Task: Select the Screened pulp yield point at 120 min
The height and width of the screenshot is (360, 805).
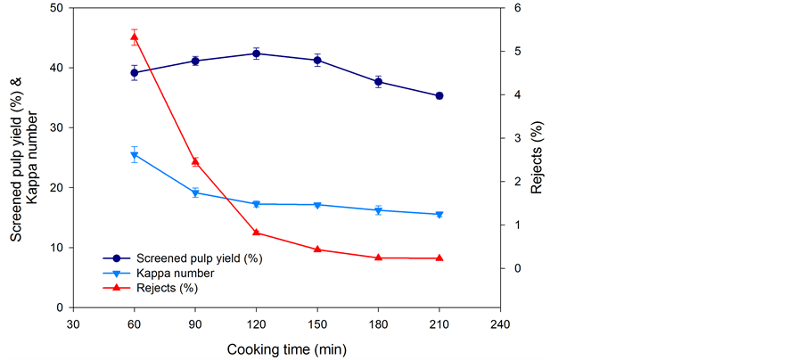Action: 256,53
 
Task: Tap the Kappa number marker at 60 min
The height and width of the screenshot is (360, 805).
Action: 134,155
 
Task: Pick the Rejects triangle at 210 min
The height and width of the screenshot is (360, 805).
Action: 439,258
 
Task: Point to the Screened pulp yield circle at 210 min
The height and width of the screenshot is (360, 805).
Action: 439,95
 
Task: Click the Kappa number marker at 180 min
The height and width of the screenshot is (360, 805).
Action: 378,210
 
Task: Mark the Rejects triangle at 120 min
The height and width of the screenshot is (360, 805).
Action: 256,233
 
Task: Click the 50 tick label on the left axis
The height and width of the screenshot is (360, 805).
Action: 57,8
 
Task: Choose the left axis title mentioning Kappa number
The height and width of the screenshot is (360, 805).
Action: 24,158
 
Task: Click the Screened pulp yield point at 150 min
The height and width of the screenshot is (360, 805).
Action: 316,61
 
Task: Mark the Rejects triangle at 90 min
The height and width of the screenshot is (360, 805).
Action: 195,161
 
